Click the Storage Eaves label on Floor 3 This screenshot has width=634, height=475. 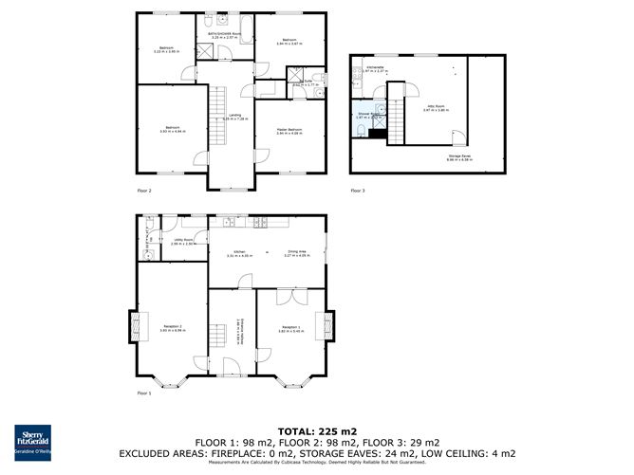(x=459, y=157)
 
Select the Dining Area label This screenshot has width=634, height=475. (x=298, y=252)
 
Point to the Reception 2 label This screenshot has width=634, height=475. (x=170, y=327)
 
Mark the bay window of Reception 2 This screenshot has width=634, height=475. (x=171, y=382)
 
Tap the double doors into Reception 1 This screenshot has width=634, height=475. (x=287, y=298)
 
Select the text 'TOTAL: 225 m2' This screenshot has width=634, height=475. (x=316, y=430)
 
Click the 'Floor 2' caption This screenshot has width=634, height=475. (x=143, y=192)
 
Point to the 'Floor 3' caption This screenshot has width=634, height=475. (x=357, y=192)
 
